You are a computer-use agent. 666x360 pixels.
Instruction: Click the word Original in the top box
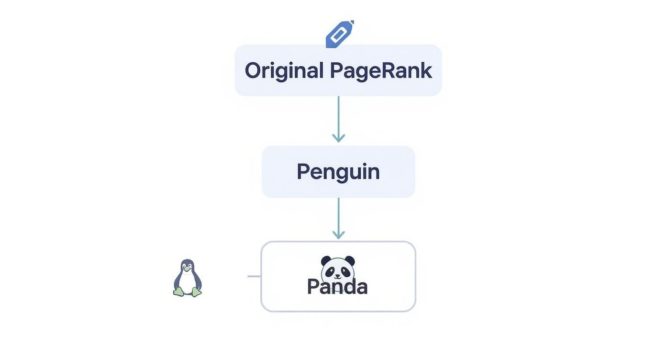[284, 70]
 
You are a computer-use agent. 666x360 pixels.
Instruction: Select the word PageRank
[381, 70]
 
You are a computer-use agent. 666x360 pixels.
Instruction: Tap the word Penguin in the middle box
[338, 171]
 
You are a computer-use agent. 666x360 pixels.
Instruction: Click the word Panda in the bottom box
[337, 287]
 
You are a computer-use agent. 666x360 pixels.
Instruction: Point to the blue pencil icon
[339, 34]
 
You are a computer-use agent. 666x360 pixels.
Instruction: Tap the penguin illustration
[188, 278]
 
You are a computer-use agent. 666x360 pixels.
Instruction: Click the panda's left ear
[326, 260]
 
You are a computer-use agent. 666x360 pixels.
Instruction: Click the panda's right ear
[350, 260]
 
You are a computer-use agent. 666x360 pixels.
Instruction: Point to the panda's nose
[338, 275]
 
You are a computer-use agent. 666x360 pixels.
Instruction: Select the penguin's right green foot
[196, 292]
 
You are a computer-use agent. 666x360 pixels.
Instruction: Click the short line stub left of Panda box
[254, 276]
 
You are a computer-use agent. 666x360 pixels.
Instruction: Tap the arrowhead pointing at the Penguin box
[338, 138]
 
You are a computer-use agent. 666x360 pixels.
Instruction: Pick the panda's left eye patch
[332, 271]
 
